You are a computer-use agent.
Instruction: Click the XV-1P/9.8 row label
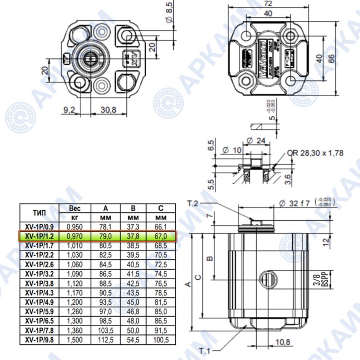pyautogui.click(x=40, y=340)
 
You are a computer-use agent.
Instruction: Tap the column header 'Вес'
pyautogui.click(x=75, y=208)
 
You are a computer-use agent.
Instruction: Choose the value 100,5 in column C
pyautogui.click(x=161, y=340)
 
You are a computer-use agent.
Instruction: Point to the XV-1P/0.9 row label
pyautogui.click(x=40, y=227)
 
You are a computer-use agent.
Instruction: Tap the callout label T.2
pyautogui.click(x=194, y=202)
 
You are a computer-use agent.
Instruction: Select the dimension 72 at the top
pyautogui.click(x=267, y=4)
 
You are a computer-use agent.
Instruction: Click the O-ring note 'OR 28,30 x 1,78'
pyautogui.click(x=319, y=153)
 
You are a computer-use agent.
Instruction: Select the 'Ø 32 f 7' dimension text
pyautogui.click(x=298, y=203)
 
